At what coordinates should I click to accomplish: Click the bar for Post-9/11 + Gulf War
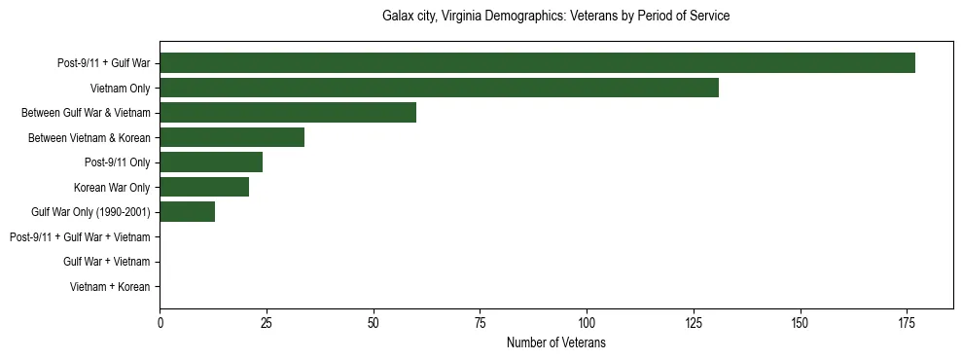pos(537,63)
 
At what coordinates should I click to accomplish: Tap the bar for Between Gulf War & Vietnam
pos(288,113)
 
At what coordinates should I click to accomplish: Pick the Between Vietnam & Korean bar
pos(232,137)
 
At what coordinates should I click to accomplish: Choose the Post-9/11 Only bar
pos(211,162)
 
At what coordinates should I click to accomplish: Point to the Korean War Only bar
pos(204,187)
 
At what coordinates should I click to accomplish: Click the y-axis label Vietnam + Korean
pos(110,287)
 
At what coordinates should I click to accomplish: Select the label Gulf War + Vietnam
pos(106,262)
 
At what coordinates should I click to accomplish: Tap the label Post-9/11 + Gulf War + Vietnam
pos(80,237)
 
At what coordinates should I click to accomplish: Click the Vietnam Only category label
pos(120,88)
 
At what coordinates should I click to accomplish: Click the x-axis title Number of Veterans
pos(556,342)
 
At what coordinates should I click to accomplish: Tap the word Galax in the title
pos(398,17)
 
